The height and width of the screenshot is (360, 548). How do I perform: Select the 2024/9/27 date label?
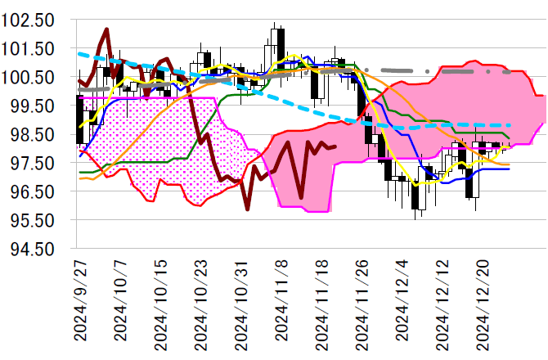79,304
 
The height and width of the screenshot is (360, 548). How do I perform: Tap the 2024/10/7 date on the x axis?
119,304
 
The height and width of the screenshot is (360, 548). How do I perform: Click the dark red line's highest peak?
106,30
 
